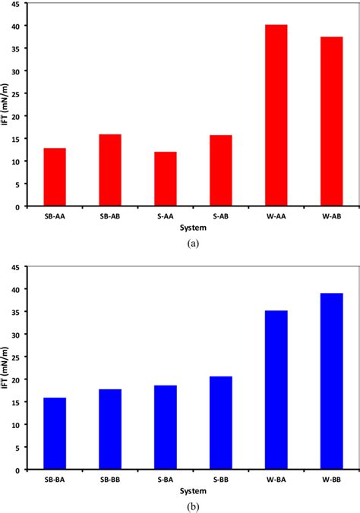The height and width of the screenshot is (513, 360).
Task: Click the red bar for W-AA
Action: (276, 115)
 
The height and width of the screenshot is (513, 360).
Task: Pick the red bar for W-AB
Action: (332, 121)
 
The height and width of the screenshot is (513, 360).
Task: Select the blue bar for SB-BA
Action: (55, 433)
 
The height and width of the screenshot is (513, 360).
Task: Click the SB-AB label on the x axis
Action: (110, 216)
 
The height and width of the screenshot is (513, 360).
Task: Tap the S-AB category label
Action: (221, 216)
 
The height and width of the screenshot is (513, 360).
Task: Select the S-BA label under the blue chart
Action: (166, 480)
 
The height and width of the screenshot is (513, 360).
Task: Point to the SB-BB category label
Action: (110, 480)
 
